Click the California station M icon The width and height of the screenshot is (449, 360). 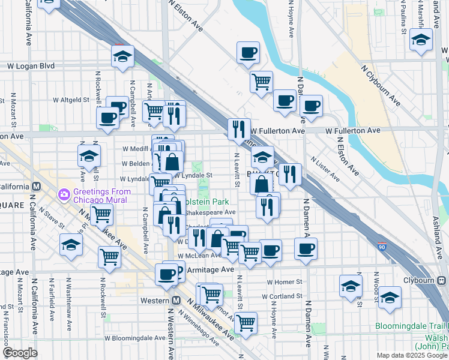click(x=36, y=187)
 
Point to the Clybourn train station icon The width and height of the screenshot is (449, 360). click(x=442, y=280)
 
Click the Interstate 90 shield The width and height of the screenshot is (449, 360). click(x=382, y=247)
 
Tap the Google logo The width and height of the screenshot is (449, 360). click(x=20, y=353)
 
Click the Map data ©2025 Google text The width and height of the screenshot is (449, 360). click(x=412, y=355)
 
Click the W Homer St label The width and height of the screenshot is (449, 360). click(x=284, y=281)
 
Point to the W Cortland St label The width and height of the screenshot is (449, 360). click(x=282, y=296)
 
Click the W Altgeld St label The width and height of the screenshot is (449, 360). click(x=71, y=100)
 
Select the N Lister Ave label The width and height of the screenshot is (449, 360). click(x=325, y=169)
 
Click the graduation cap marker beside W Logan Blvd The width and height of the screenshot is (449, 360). click(x=122, y=57)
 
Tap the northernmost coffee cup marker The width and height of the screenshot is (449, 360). click(x=247, y=53)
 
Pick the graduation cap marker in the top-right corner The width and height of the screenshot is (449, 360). click(x=421, y=40)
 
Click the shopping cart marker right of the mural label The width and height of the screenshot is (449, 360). click(x=102, y=214)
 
